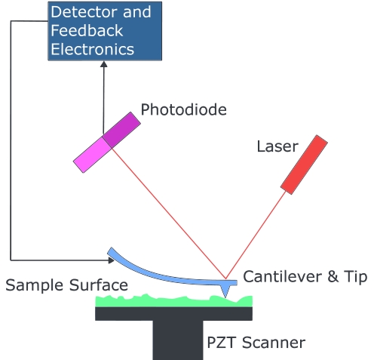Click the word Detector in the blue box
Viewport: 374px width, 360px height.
(x=84, y=12)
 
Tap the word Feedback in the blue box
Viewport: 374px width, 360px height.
(x=87, y=30)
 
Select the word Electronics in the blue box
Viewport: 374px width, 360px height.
(x=93, y=49)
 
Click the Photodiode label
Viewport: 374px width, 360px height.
(x=183, y=110)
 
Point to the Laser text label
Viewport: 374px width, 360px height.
(x=277, y=146)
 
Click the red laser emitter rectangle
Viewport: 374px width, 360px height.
(x=304, y=165)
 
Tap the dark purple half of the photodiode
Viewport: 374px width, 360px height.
(x=121, y=130)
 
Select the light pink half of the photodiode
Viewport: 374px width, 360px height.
(x=92, y=155)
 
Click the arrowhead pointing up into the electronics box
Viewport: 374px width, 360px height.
(x=104, y=64)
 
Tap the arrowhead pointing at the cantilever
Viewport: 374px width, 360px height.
(x=112, y=260)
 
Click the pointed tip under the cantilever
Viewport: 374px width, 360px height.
(x=225, y=296)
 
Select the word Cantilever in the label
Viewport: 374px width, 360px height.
(x=283, y=277)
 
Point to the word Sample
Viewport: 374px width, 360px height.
(x=35, y=285)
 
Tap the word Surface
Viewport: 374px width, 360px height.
(x=99, y=285)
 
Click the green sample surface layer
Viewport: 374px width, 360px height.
(x=173, y=301)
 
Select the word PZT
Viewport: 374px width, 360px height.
(x=222, y=343)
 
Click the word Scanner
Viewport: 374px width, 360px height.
(x=274, y=343)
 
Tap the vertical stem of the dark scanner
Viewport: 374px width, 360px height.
(x=178, y=340)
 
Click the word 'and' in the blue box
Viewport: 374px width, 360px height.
(x=137, y=12)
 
